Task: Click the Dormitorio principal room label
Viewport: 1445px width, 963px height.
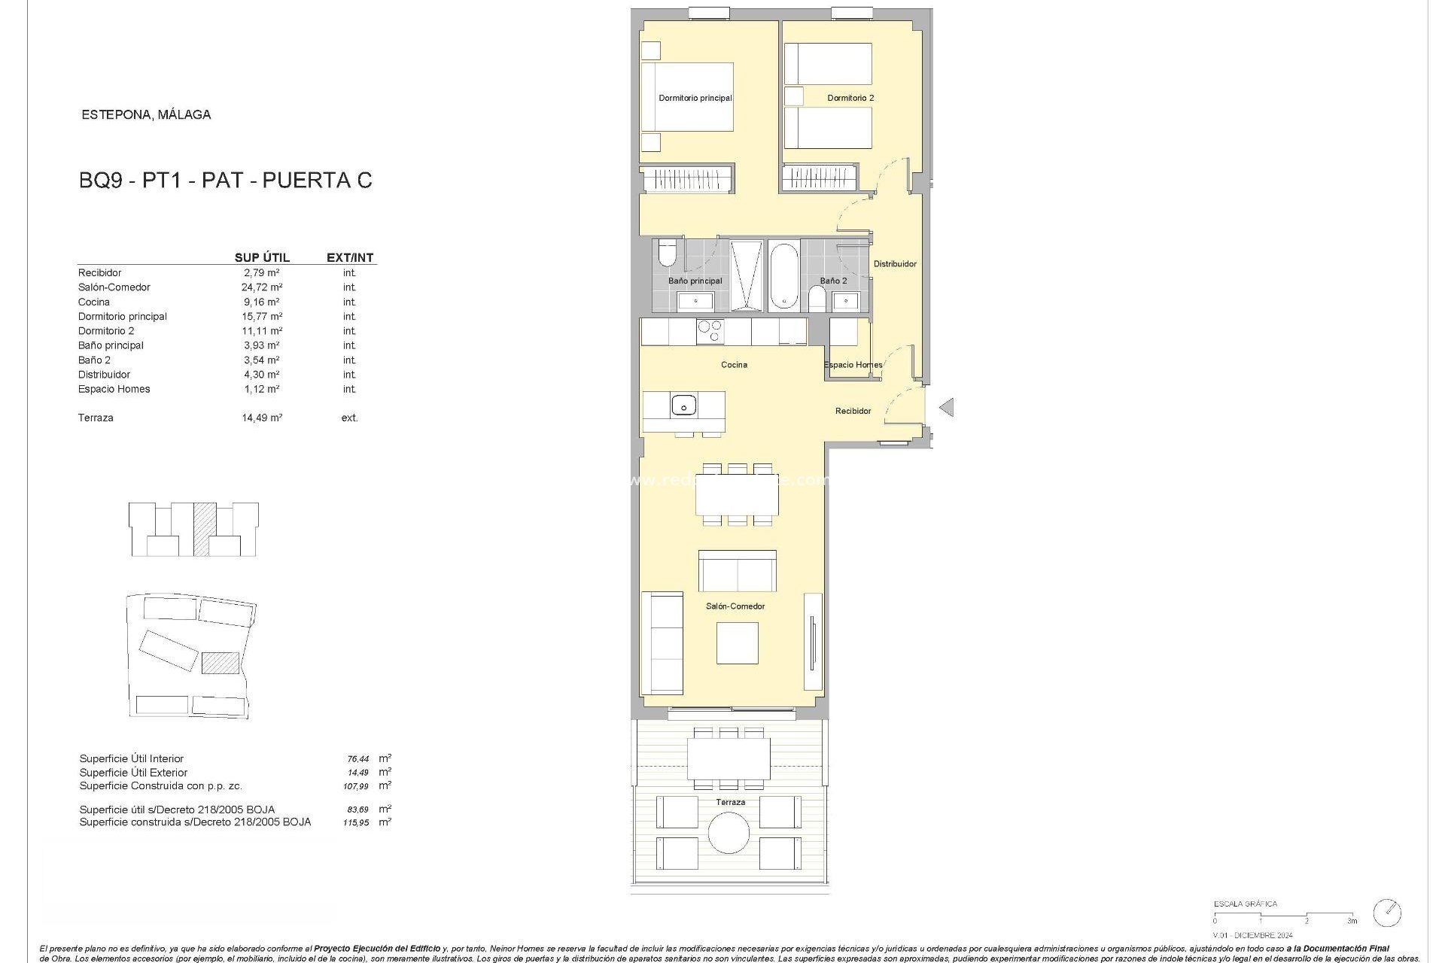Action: point(695,98)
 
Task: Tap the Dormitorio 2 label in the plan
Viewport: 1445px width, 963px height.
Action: point(850,98)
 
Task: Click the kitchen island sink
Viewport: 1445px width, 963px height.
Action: point(683,406)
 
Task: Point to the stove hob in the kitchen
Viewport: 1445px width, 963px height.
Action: point(710,331)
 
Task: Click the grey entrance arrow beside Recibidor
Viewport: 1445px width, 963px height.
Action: point(947,407)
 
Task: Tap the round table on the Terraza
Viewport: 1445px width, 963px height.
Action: point(729,833)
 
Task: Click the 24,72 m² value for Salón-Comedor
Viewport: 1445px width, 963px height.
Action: point(262,287)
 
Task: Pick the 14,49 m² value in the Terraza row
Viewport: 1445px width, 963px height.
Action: point(262,418)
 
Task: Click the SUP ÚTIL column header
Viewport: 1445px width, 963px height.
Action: point(262,257)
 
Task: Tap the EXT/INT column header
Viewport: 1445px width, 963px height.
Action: point(350,257)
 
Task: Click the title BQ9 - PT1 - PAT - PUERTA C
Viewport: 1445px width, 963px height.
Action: point(226,181)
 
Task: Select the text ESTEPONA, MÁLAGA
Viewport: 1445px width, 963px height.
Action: point(146,115)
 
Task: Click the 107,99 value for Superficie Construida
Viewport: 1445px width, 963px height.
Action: point(356,786)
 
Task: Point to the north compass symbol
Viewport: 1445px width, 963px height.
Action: point(1387,913)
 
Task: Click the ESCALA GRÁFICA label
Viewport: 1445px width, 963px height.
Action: point(1245,904)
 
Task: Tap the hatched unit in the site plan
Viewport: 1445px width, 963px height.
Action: point(221,663)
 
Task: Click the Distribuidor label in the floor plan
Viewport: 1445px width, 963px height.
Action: point(895,264)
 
